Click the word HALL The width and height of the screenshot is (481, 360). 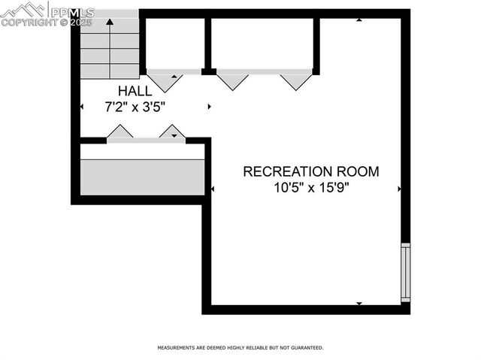(x=135, y=91)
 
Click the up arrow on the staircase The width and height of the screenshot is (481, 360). (x=110, y=22)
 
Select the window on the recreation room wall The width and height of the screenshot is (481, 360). (x=406, y=272)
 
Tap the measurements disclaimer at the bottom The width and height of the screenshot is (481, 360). (x=240, y=348)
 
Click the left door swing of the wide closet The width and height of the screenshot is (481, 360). (x=233, y=80)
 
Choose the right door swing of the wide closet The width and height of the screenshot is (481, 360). (x=295, y=80)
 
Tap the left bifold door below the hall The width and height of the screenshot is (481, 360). (x=119, y=132)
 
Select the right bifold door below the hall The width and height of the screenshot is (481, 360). (x=173, y=132)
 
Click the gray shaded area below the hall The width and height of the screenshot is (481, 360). (x=142, y=177)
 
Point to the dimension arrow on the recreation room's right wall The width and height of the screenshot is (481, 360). (x=399, y=189)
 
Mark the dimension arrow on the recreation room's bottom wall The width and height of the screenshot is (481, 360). (x=358, y=303)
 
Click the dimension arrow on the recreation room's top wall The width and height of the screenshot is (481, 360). (x=359, y=20)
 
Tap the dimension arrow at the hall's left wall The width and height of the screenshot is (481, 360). (x=82, y=107)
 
